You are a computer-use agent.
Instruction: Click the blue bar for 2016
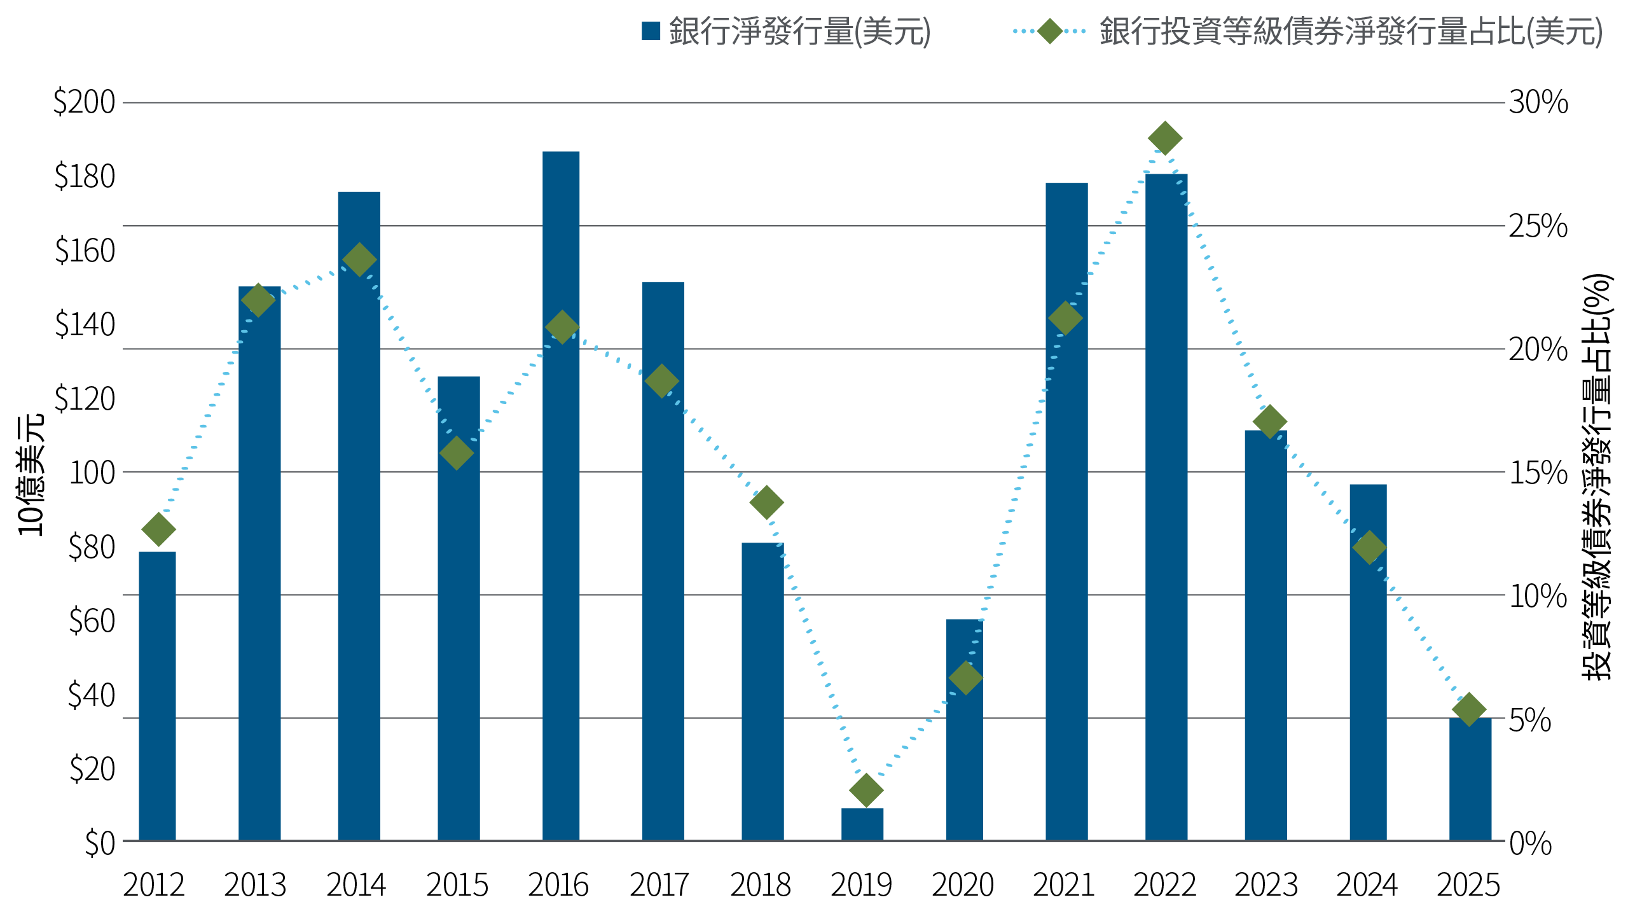561,496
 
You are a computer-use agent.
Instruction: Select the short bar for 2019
862,824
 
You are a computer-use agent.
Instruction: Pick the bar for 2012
157,696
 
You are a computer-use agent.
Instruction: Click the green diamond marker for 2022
1165,138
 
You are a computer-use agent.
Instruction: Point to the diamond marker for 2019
866,790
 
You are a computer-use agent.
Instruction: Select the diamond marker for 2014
359,260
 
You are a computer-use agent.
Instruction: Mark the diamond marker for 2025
1469,709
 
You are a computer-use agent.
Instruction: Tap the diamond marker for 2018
766,503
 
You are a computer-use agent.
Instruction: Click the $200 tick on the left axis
85,102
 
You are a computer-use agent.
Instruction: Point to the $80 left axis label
92,546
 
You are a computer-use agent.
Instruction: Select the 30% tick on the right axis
1538,102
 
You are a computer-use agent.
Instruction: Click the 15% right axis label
1538,473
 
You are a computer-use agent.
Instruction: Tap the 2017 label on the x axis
659,885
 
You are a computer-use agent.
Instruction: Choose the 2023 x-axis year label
1266,885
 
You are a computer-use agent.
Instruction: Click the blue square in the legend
651,31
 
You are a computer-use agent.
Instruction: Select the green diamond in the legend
1050,31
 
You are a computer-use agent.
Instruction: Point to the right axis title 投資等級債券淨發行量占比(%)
1596,477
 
